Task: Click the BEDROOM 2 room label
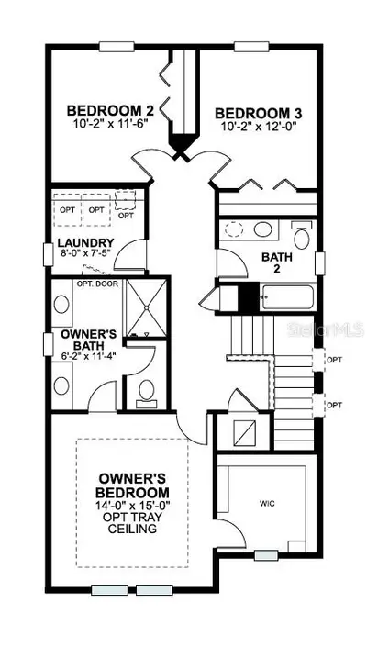(x=110, y=111)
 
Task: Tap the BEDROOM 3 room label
(x=259, y=113)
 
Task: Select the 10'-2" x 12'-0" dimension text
(x=259, y=126)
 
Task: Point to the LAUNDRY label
(x=85, y=243)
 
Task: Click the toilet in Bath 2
(x=302, y=236)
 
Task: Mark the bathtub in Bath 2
(x=287, y=297)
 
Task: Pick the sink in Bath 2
(x=263, y=229)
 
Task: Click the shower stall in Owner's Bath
(x=147, y=307)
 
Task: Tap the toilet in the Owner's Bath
(x=147, y=394)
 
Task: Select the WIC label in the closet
(x=267, y=504)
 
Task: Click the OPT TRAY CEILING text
(x=132, y=522)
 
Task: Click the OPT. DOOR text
(x=97, y=284)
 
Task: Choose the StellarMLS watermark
(x=326, y=329)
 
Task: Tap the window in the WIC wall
(x=266, y=556)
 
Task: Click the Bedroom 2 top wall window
(x=117, y=46)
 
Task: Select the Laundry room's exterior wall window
(x=49, y=254)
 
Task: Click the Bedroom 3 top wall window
(x=251, y=46)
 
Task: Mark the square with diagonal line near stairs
(x=245, y=432)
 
